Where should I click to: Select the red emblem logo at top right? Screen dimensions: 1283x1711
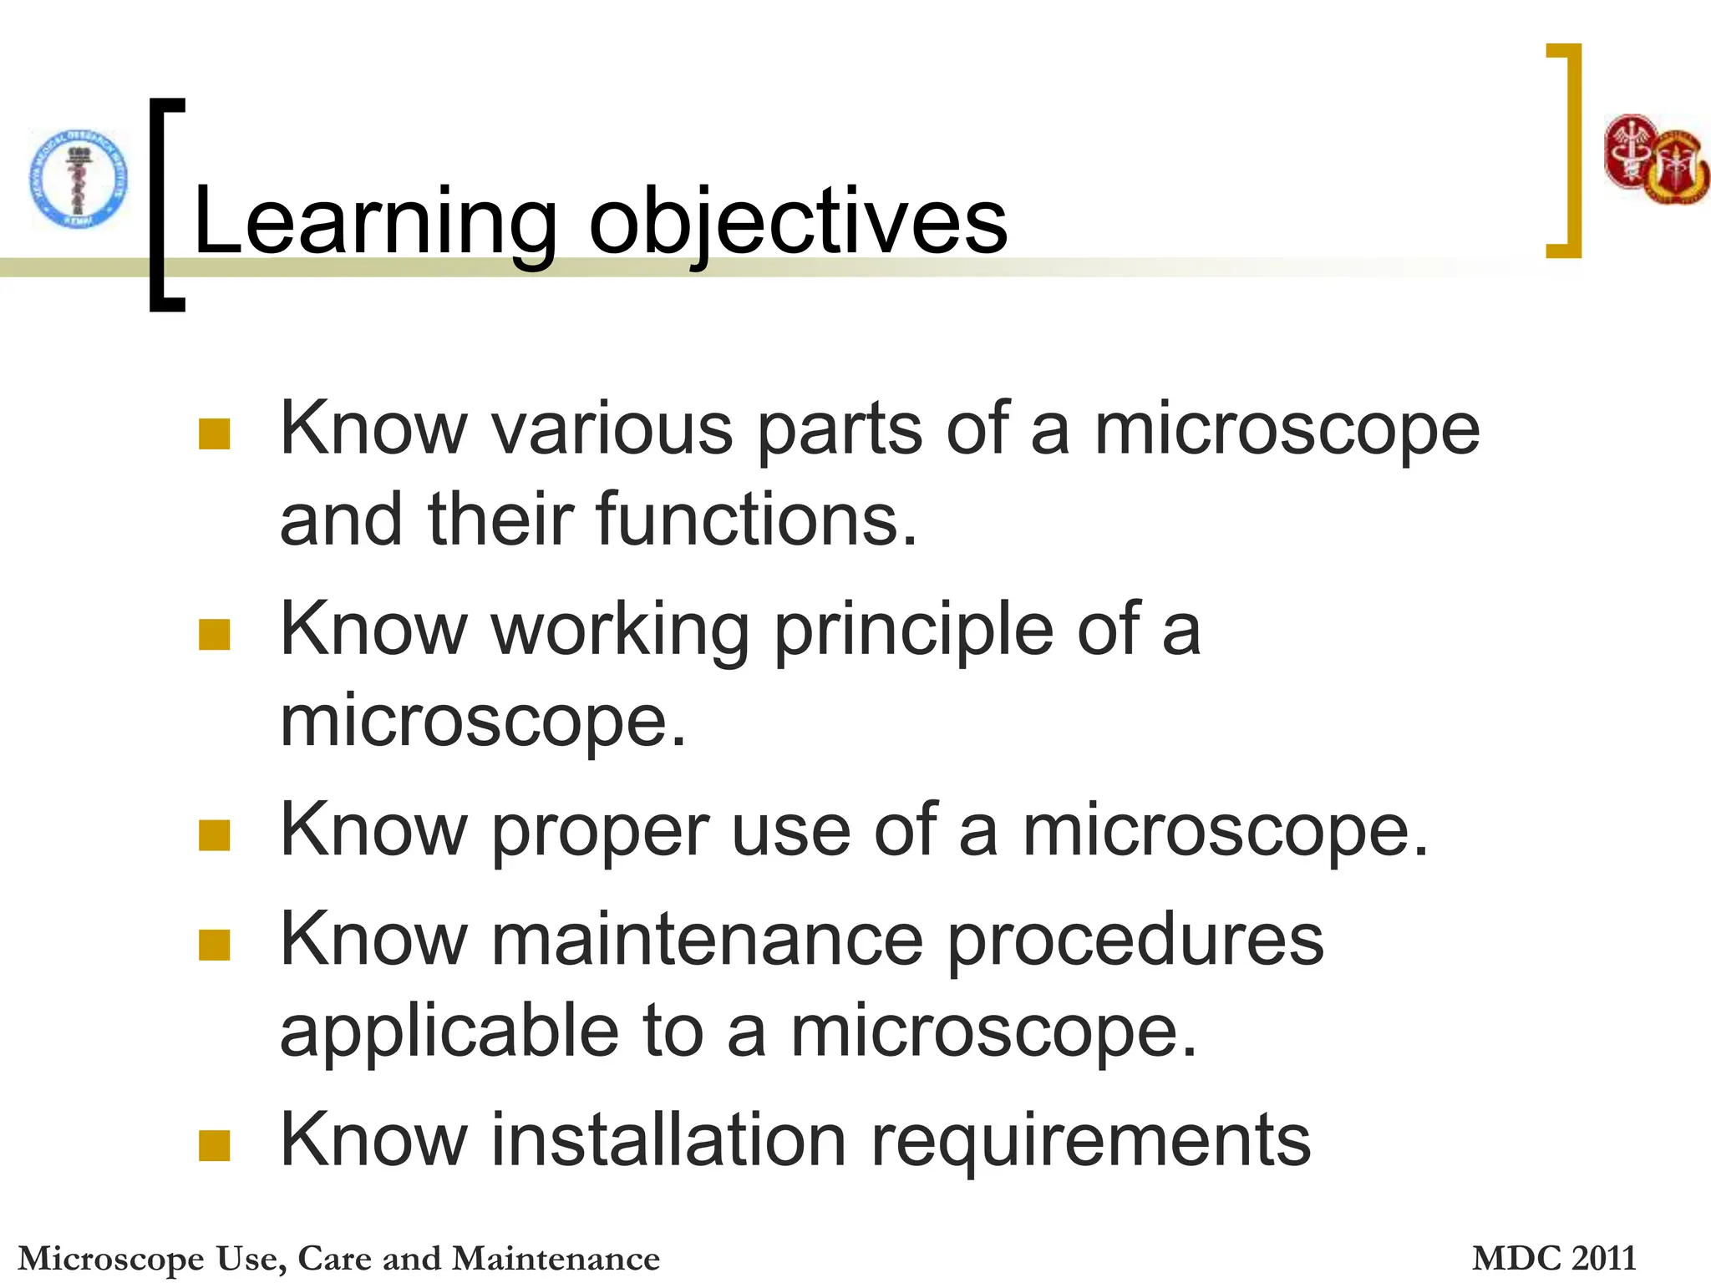pyautogui.click(x=1655, y=160)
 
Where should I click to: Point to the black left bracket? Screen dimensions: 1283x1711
pyautogui.click(x=165, y=205)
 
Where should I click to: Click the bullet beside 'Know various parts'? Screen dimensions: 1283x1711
pyautogui.click(x=215, y=434)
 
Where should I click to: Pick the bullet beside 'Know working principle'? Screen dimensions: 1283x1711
pyautogui.click(x=215, y=635)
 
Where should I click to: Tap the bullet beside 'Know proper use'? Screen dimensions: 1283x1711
pyautogui.click(x=215, y=835)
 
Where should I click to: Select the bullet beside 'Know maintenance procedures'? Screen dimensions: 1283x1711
pyautogui.click(x=215, y=946)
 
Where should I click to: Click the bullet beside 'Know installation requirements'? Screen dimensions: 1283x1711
pyautogui.click(x=215, y=1146)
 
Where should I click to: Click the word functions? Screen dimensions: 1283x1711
pyautogui.click(x=756, y=520)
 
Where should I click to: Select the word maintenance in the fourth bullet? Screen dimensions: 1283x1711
pyautogui.click(x=707, y=941)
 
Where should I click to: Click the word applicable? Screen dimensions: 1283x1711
pyautogui.click(x=449, y=1032)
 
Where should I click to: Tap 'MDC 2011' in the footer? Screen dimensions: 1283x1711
pyautogui.click(x=1553, y=1258)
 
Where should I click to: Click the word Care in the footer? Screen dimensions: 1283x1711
pyautogui.click(x=333, y=1258)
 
